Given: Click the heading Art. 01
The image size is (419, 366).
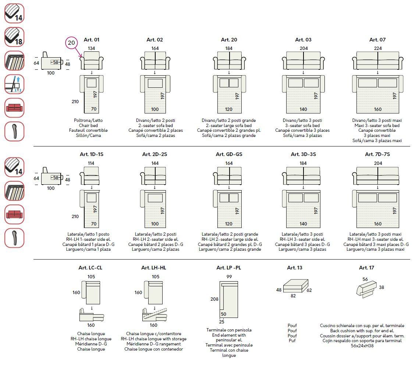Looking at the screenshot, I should [x=92, y=40].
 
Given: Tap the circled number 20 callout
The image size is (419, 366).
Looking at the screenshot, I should [x=71, y=43].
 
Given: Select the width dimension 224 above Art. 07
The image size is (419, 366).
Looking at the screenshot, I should [x=377, y=48].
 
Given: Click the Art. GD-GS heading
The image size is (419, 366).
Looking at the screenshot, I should [x=228, y=154].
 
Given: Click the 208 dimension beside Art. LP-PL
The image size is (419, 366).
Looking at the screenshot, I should [x=214, y=299].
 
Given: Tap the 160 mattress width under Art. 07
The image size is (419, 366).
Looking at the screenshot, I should [x=378, y=109].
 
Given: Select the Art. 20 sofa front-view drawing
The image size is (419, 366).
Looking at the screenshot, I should [x=229, y=61].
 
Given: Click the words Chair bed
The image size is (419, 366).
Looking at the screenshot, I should [x=88, y=126].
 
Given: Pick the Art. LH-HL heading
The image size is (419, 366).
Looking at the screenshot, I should [x=154, y=268].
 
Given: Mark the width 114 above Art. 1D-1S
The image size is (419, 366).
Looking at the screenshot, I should [x=91, y=163].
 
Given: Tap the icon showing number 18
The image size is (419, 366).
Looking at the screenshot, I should [x=14, y=37].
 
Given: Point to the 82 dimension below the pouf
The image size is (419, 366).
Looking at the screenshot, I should [x=293, y=296].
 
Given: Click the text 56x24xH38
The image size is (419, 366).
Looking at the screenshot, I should [x=362, y=346].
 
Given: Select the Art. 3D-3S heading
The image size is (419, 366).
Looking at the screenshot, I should [x=303, y=154].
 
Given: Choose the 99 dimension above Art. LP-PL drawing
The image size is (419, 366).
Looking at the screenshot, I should [x=229, y=276].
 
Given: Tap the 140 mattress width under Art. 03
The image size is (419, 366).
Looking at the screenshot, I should [x=303, y=109].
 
